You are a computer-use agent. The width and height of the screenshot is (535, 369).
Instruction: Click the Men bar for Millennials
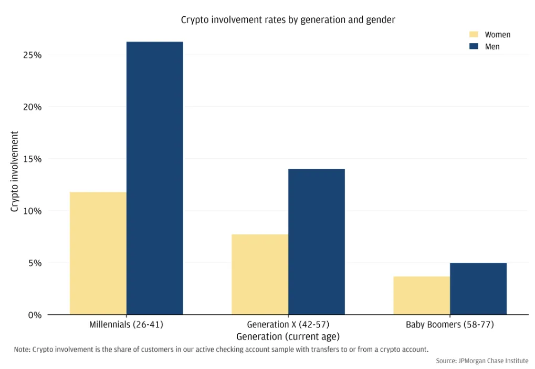[x=154, y=178]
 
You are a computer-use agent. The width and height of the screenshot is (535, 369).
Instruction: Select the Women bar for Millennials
[x=98, y=253]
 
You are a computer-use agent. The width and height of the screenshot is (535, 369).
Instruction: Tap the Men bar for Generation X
[x=317, y=242]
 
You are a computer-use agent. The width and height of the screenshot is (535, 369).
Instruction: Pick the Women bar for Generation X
[x=260, y=274]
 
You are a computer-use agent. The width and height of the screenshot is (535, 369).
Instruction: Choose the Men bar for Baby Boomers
[x=478, y=289]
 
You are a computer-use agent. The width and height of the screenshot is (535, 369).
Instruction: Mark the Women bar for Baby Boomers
[x=422, y=295]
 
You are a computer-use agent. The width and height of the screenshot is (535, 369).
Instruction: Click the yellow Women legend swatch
[x=474, y=35]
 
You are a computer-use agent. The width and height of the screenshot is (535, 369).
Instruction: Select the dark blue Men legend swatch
[x=474, y=46]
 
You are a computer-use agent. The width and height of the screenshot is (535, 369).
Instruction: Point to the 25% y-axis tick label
[x=33, y=55]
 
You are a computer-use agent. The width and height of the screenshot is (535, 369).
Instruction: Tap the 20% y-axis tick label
[x=33, y=107]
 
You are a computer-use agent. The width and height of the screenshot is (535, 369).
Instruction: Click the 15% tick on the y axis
[x=33, y=159]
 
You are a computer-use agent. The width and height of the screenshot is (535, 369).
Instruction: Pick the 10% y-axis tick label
[x=33, y=211]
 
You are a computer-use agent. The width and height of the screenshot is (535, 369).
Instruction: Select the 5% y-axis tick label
[x=35, y=263]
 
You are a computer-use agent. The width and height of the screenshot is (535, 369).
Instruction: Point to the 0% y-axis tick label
[x=35, y=315]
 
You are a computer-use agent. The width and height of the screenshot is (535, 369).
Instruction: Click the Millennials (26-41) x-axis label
[x=126, y=325]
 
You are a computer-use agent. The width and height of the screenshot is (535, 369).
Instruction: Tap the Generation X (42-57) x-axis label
[x=288, y=325]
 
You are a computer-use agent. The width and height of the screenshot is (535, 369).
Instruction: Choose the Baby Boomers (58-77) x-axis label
[x=450, y=325]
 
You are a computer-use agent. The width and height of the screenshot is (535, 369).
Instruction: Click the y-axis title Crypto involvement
[x=14, y=171]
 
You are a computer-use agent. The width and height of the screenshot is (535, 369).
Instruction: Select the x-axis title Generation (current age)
[x=288, y=337]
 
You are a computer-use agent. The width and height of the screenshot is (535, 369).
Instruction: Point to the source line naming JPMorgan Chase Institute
[x=482, y=361]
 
